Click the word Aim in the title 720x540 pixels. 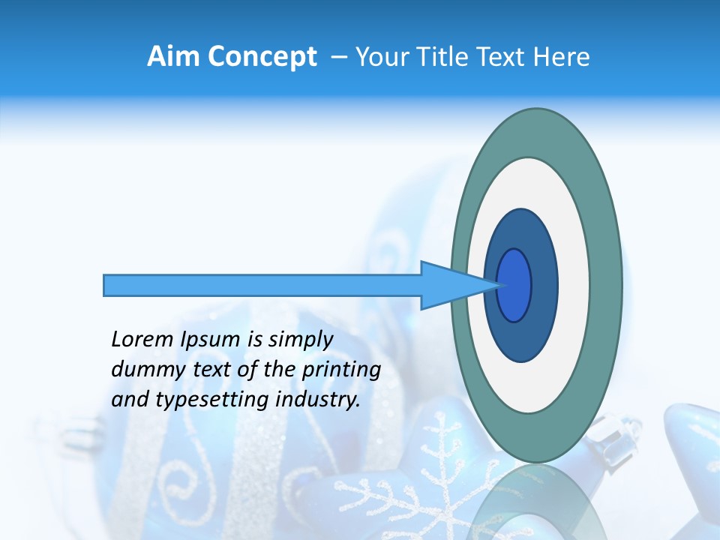(173, 57)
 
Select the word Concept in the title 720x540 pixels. (261, 57)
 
